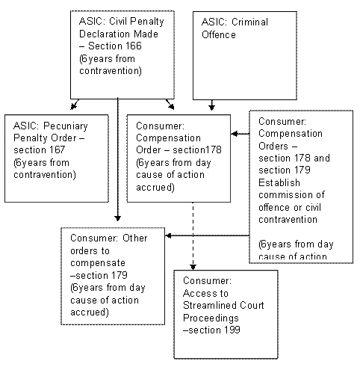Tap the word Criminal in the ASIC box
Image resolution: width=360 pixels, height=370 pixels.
[249, 22]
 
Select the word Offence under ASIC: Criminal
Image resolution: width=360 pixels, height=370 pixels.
[219, 34]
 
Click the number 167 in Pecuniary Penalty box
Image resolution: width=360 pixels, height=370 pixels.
[57, 150]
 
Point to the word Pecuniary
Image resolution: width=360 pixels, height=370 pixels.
[66, 126]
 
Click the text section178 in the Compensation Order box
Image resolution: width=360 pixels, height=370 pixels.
[197, 150]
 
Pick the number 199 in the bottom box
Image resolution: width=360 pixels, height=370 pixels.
[232, 330]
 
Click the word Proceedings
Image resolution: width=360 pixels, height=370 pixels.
[211, 318]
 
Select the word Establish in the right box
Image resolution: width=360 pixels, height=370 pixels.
[279, 183]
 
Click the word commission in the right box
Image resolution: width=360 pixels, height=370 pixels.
[286, 195]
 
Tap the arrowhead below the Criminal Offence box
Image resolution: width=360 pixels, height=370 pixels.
[211, 108]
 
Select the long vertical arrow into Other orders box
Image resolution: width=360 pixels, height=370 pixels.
[118, 159]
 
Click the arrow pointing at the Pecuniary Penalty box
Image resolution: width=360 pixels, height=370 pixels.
[75, 105]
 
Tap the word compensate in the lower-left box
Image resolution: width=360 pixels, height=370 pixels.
[98, 263]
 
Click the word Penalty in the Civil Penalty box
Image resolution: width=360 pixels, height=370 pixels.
[146, 22]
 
